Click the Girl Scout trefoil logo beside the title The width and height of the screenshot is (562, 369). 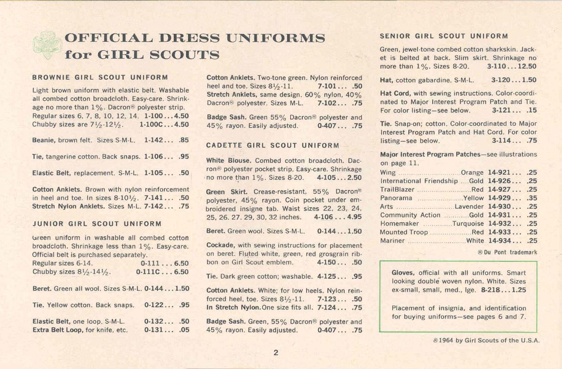point(47,45)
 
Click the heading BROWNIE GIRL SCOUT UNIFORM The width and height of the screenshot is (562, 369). point(100,77)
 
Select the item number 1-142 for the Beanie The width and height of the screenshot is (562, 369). point(154,140)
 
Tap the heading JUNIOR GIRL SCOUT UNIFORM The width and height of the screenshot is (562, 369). point(96,223)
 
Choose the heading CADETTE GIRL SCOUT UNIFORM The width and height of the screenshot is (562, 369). point(273,145)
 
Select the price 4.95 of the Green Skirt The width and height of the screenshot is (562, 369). point(353,217)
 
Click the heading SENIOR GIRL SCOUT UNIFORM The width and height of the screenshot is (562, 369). point(444,36)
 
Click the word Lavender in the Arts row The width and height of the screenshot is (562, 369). point(469,207)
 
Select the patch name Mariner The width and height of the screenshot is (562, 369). point(392,241)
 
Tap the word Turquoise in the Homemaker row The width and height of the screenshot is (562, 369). point(468,224)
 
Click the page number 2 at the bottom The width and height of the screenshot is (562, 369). point(275,353)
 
